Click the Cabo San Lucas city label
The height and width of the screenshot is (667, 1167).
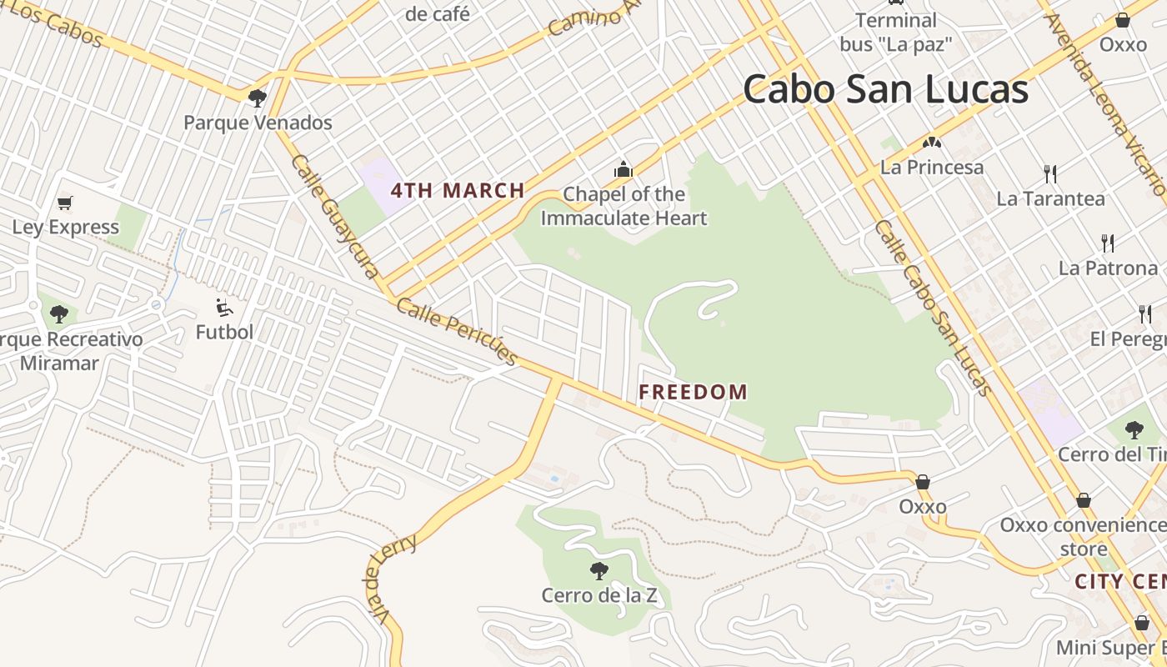885,89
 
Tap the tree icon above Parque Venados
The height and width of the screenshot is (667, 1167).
258,98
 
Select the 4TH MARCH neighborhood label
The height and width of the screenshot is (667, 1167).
458,190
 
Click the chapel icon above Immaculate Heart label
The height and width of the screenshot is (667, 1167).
624,170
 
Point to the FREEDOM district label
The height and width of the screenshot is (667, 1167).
693,392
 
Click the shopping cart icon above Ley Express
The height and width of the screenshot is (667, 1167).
65,203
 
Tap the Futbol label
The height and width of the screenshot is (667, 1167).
224,332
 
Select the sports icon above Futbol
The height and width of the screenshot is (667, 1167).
223,308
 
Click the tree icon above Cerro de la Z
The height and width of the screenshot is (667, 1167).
599,571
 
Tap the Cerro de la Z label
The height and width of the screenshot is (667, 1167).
599,595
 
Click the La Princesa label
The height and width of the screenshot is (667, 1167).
932,167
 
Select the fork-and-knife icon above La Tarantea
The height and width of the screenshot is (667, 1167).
1050,174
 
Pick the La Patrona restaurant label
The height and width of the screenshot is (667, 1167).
1108,268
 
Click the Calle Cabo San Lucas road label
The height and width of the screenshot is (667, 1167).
933,308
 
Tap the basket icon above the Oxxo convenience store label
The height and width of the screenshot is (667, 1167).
1083,500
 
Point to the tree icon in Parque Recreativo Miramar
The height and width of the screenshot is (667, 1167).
58,314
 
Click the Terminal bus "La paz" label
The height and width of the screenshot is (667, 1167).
896,32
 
